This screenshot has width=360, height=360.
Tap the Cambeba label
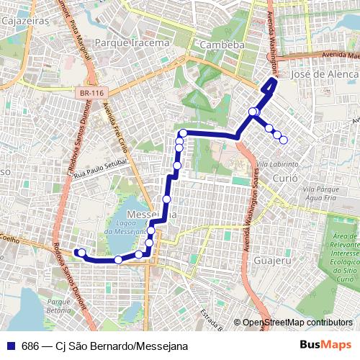(x=222, y=45)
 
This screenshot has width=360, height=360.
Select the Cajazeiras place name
(x=20, y=22)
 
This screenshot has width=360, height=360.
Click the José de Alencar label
(x=323, y=74)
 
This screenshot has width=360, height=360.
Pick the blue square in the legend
(x=11, y=346)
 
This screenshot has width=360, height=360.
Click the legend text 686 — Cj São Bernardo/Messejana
(x=104, y=346)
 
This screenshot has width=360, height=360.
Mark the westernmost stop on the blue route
(x=81, y=252)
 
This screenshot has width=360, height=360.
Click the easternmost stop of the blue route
(x=284, y=140)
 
